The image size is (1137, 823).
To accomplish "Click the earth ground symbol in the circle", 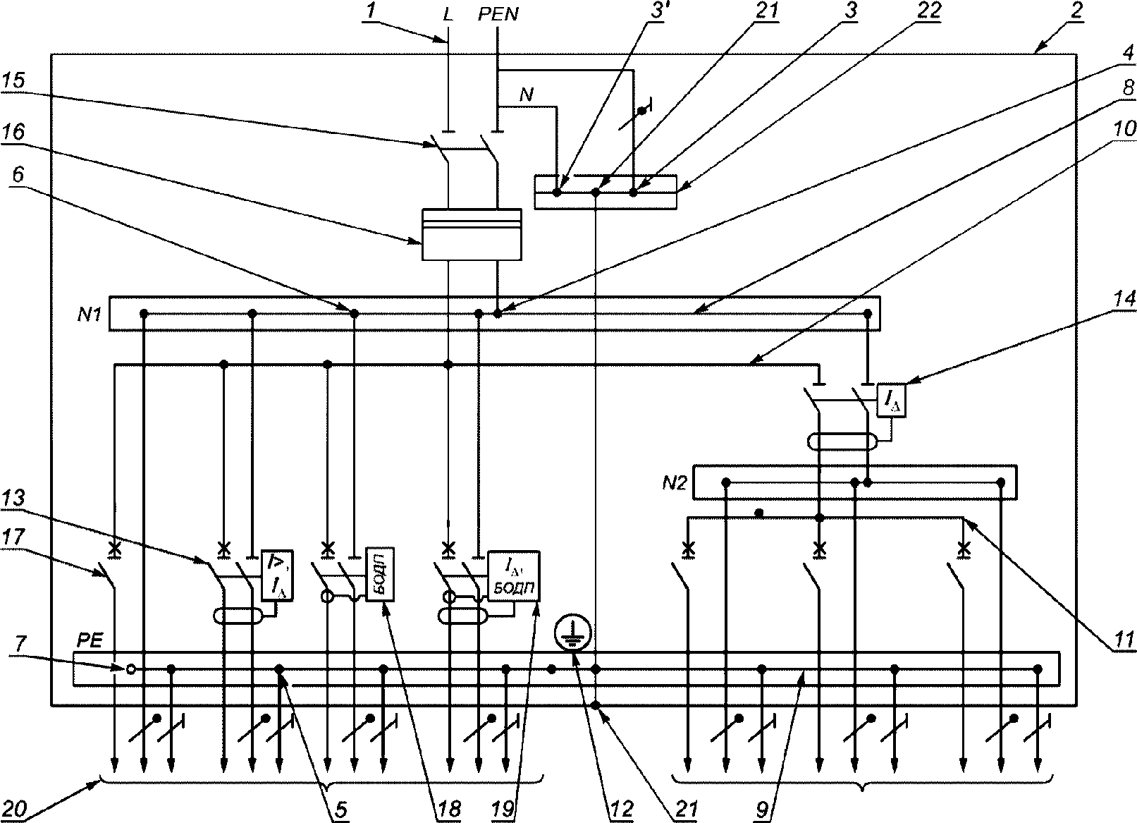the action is [x=573, y=633].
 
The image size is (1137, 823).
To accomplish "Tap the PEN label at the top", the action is [x=498, y=14].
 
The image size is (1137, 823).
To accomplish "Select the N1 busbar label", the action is [x=90, y=315].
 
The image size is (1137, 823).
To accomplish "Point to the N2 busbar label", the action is [x=675, y=482].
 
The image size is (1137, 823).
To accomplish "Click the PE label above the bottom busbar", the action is [x=90, y=641].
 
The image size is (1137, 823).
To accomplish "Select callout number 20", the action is [x=14, y=810].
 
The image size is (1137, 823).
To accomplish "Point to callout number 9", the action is [x=762, y=810].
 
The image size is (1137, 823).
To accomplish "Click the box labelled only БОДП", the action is [x=380, y=574].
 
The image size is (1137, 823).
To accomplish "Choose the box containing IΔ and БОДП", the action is [x=514, y=575].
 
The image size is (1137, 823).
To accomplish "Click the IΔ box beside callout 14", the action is [x=891, y=400].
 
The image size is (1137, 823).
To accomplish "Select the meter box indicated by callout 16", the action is [x=472, y=234].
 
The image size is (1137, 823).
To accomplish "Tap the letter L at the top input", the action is [x=447, y=15].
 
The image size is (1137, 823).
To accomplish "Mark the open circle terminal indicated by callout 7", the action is [x=130, y=669].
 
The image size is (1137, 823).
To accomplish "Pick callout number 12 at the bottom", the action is [x=622, y=810].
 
